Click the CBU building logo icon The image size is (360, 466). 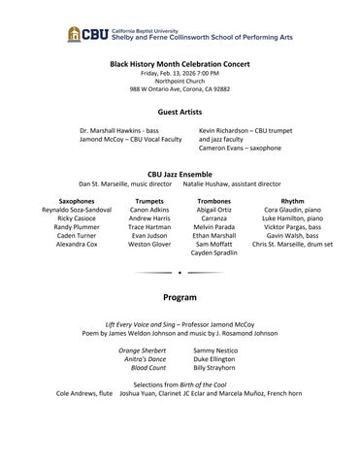pos(74,34)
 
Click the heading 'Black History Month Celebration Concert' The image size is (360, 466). pos(180,64)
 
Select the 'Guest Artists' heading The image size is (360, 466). pos(180,113)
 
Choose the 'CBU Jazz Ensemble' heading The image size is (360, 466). pos(180,174)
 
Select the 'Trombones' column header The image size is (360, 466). pos(214,200)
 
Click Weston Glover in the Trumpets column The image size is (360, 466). pos(149,245)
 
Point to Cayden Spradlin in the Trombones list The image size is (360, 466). pos(214,253)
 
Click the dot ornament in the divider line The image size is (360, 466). pos(180,273)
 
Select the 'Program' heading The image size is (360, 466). pos(180,296)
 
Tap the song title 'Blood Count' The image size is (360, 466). pos(148,368)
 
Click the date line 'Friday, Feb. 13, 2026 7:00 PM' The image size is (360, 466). pos(180,73)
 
